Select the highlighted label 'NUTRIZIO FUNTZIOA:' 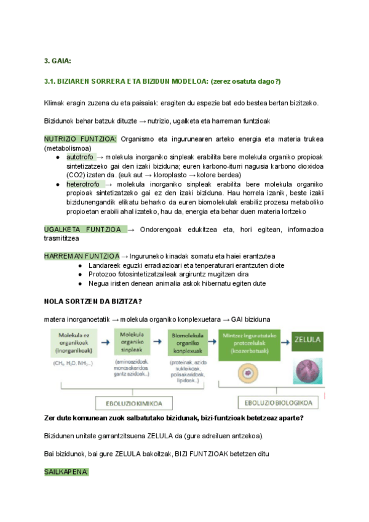coord(80,139)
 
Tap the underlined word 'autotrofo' coord(80,157)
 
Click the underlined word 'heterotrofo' coord(84,184)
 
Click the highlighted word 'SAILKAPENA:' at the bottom coord(66,471)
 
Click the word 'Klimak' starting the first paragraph coord(54,103)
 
